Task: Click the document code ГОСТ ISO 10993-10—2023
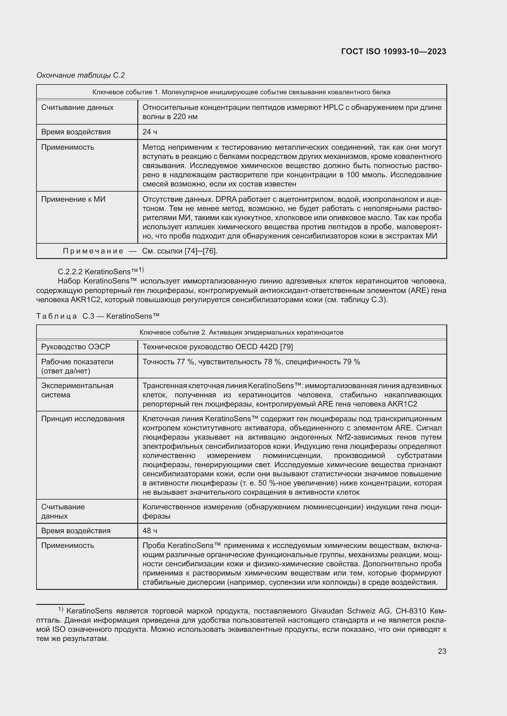(393, 51)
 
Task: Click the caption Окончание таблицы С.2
(81, 75)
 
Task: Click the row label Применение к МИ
(73, 199)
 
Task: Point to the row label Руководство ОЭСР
(75, 347)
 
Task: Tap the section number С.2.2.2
(70, 272)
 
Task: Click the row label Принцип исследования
(83, 418)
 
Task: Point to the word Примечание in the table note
(93, 251)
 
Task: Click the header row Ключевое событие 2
(241, 332)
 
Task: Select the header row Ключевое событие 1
(241, 92)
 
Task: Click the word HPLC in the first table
(334, 107)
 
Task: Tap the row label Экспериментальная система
(77, 390)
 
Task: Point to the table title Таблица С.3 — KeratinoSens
(98, 316)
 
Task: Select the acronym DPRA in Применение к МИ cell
(226, 199)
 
